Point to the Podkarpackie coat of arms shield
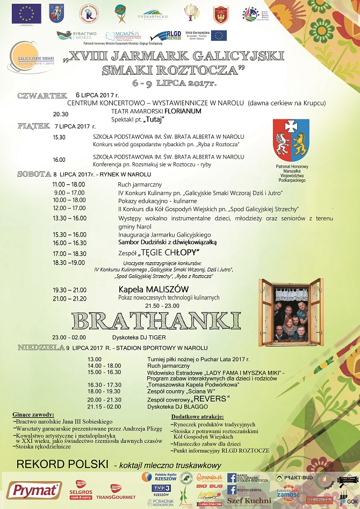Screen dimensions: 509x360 tap(291, 138)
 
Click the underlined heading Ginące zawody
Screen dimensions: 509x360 tap(33, 414)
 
